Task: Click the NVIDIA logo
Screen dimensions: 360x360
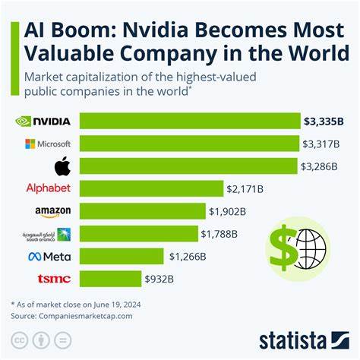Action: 43,121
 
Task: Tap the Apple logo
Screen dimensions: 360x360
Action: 48,165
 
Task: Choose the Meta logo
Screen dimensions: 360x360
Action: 49,257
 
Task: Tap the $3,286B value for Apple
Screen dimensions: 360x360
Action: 321,166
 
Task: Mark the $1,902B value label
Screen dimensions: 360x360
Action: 227,211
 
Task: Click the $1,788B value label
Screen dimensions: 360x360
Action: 219,234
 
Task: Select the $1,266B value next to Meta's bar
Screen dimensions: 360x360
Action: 188,257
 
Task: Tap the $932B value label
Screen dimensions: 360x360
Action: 161,279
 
